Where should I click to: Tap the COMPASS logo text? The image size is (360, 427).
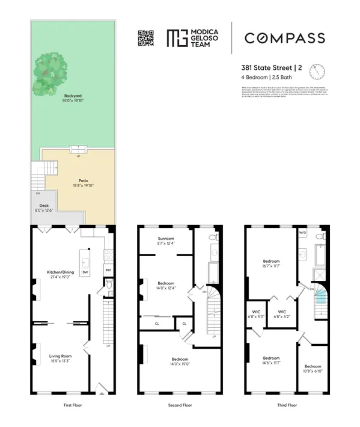coord(284,38)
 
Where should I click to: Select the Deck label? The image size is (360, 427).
coord(44,205)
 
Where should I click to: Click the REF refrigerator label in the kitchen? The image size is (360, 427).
coord(108,270)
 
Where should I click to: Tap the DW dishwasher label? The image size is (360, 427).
coord(85,272)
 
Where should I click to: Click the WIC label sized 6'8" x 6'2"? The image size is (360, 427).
coord(280,313)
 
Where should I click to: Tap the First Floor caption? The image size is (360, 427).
coord(72,405)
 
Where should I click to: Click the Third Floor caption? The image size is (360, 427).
coord(287,405)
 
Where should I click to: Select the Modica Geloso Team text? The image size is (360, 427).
coord(201,37)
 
